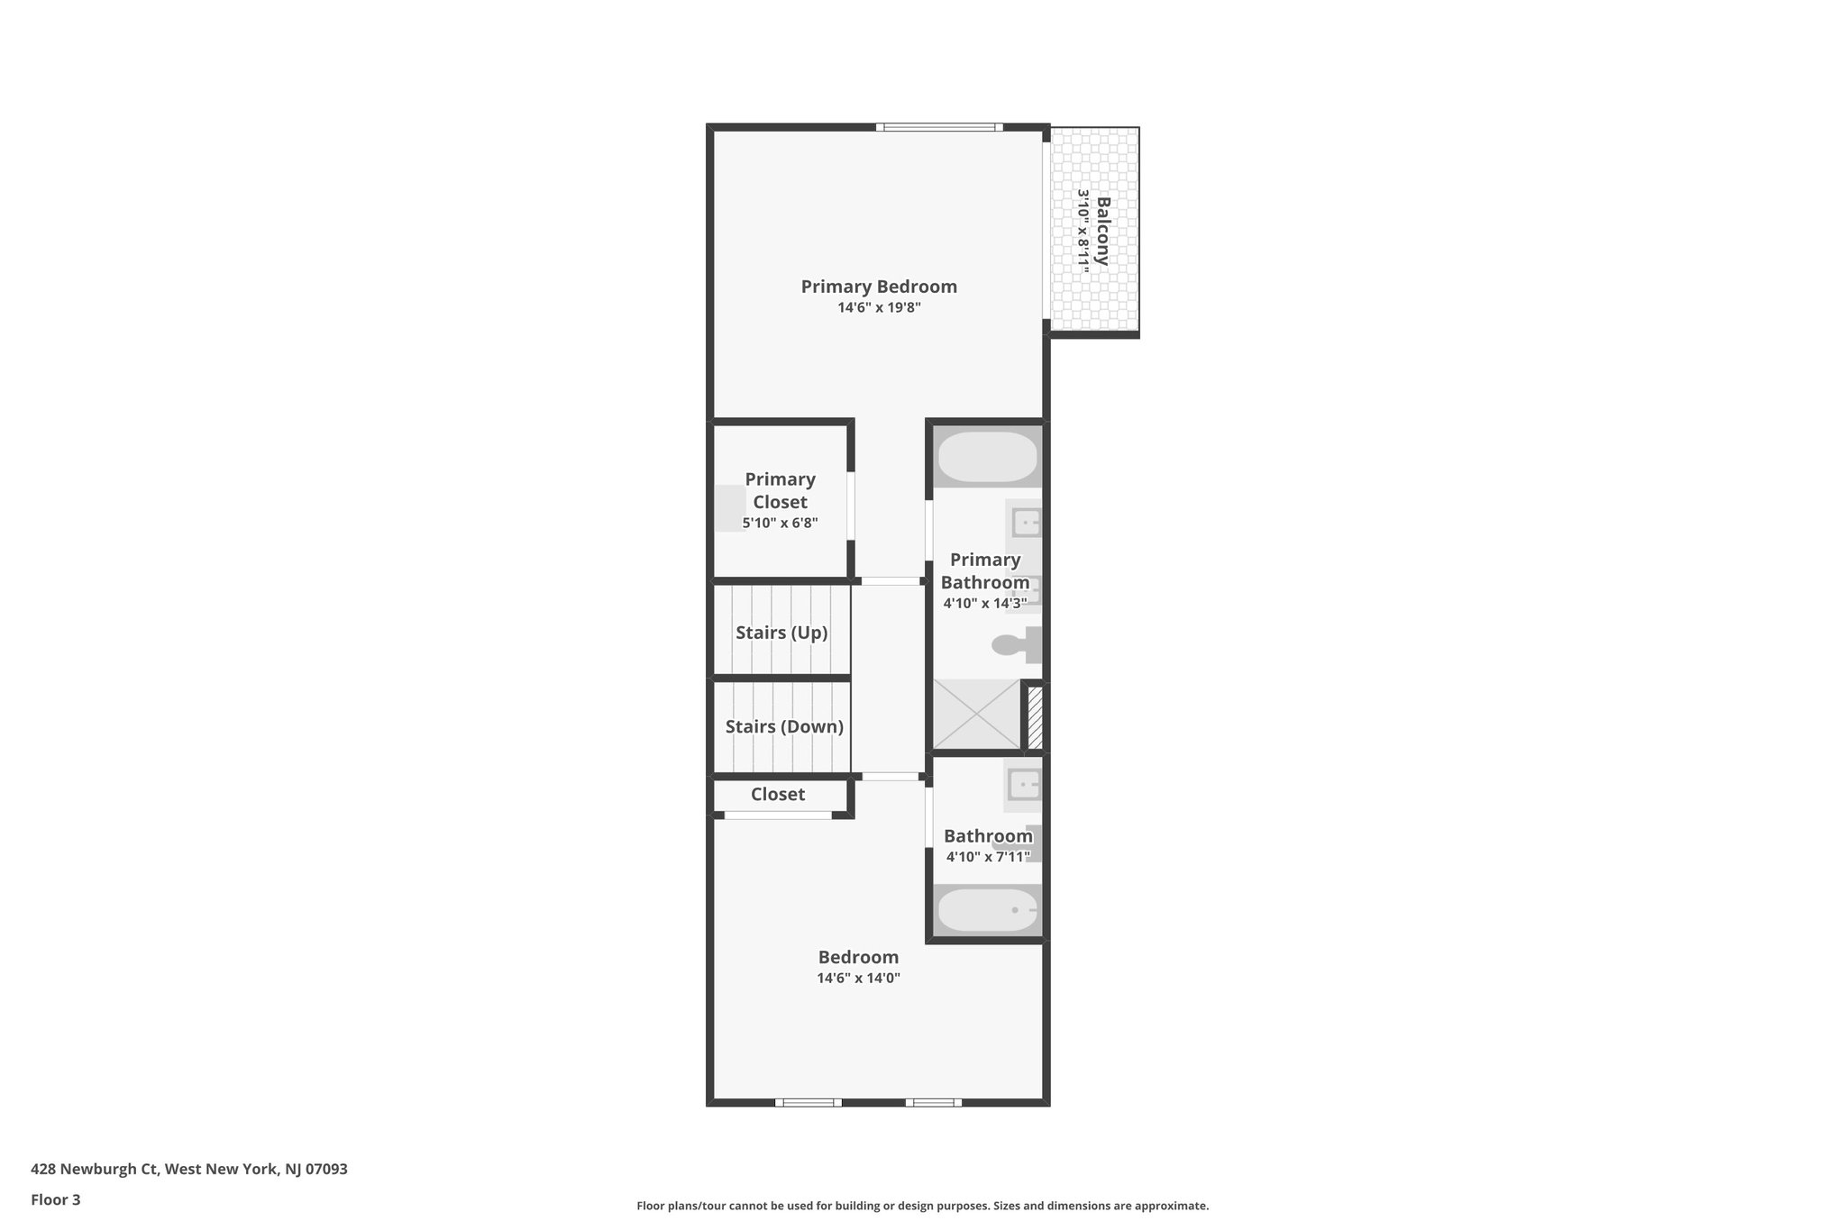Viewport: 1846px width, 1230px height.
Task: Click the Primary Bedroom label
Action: (x=879, y=287)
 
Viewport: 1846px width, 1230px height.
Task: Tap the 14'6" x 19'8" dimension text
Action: (x=879, y=307)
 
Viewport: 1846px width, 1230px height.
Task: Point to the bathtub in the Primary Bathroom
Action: (x=987, y=458)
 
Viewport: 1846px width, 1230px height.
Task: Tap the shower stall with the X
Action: (x=975, y=715)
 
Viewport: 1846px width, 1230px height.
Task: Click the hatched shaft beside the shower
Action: (x=1035, y=717)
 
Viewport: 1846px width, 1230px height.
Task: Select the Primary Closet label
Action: (x=780, y=490)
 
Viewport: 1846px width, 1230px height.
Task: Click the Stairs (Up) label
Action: (x=781, y=633)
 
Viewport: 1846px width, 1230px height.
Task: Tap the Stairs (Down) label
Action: (x=784, y=726)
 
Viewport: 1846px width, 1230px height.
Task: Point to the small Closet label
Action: (x=777, y=794)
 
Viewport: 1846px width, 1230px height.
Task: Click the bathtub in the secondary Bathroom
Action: (x=987, y=910)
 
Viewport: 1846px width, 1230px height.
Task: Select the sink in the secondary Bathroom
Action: (x=1024, y=785)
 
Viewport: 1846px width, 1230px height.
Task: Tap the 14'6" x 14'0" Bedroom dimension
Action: (x=858, y=978)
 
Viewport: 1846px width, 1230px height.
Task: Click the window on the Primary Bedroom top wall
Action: (x=938, y=127)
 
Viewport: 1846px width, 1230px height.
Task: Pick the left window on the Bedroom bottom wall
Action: (x=808, y=1102)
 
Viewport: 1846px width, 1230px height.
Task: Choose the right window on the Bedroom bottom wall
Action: (x=933, y=1102)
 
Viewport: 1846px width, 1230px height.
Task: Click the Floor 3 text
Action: (x=56, y=1199)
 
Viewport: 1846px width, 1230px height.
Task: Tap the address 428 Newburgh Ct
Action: (x=188, y=1169)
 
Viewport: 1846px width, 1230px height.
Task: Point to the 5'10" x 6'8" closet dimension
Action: (x=780, y=523)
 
